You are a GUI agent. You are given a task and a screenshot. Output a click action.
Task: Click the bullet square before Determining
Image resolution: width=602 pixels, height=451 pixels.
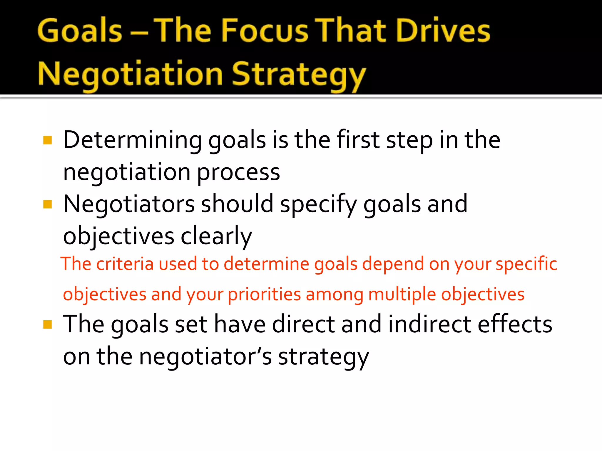tap(47, 140)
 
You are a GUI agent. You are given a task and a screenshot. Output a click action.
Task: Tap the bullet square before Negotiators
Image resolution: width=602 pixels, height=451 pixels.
tap(47, 204)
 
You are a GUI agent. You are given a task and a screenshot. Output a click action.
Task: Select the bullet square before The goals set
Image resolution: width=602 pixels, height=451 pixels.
tap(47, 324)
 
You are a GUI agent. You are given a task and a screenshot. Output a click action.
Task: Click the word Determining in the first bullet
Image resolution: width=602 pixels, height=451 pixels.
tap(132, 140)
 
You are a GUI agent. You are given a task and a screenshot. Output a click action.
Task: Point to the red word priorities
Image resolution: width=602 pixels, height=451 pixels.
tap(264, 295)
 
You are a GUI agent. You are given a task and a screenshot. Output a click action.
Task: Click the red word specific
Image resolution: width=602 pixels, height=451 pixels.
tap(526, 264)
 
